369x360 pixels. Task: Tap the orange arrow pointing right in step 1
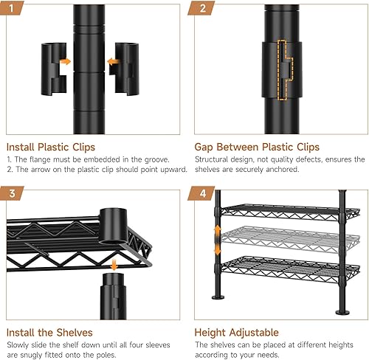click(x=65, y=62)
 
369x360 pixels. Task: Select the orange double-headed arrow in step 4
click(x=217, y=240)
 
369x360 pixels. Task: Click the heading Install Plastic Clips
click(x=54, y=146)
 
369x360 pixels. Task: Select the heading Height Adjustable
click(x=236, y=332)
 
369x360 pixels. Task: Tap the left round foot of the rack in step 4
click(x=218, y=298)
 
